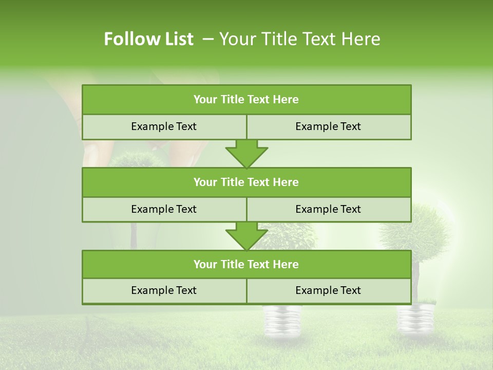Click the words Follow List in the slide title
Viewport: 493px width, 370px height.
[148, 39]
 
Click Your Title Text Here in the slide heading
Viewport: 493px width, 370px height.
[299, 39]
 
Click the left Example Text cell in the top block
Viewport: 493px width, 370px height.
[164, 127]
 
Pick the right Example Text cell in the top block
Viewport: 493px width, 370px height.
[329, 127]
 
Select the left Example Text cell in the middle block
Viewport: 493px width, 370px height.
[164, 210]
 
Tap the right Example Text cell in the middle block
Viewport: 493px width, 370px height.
[329, 210]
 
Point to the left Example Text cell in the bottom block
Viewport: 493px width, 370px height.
[164, 291]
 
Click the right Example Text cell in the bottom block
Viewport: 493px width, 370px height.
[329, 291]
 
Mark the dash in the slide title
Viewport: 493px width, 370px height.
[208, 39]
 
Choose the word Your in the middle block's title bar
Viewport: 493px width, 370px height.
[205, 182]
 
